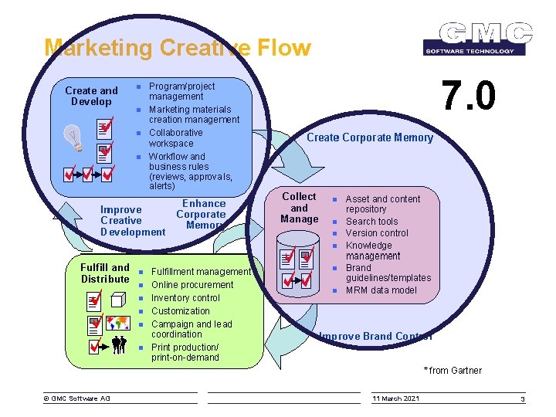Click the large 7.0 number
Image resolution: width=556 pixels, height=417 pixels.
[x=467, y=97]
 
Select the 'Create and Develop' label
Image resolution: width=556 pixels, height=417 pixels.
[x=91, y=97]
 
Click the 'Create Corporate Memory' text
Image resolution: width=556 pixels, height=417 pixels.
[x=370, y=137]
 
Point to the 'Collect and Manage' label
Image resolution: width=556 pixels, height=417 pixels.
[x=300, y=208]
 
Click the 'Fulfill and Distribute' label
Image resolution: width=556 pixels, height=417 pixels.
[x=105, y=273]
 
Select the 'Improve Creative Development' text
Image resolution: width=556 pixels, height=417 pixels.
[x=132, y=221]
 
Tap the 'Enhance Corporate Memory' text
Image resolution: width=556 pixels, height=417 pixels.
[x=201, y=215]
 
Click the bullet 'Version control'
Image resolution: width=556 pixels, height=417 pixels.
[x=377, y=233]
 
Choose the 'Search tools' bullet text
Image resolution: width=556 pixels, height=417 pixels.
[x=371, y=222]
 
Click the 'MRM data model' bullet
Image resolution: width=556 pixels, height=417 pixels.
[x=381, y=290]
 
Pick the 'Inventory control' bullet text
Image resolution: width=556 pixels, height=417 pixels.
[x=185, y=298]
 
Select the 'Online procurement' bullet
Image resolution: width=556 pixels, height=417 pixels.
[x=192, y=285]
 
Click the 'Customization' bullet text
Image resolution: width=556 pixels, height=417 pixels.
[x=180, y=311]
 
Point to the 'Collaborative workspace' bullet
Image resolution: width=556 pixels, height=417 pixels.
[x=175, y=138]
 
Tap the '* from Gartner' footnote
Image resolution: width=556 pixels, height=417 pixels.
[x=453, y=371]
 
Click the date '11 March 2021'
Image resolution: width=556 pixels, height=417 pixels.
[x=395, y=398]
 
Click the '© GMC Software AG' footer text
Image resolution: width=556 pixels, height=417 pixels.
[x=76, y=398]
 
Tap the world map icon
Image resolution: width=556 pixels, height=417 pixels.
[x=118, y=322]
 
